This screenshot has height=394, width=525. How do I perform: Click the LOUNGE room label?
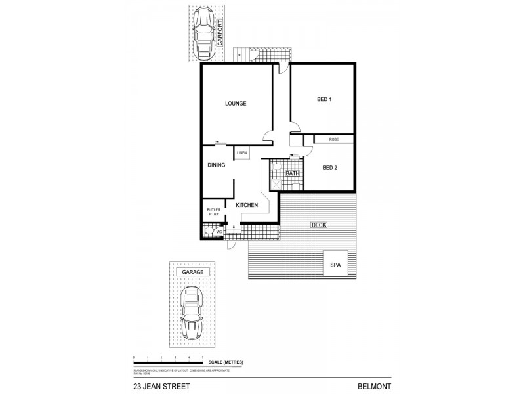235,103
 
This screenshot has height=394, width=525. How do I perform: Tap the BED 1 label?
324,100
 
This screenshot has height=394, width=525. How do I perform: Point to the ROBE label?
334,139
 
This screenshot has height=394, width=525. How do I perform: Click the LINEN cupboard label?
241,152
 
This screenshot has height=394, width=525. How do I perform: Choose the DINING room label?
217,165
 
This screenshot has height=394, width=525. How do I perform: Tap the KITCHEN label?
247,206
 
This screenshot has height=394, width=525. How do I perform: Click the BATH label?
292,173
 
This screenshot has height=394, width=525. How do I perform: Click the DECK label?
319,225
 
